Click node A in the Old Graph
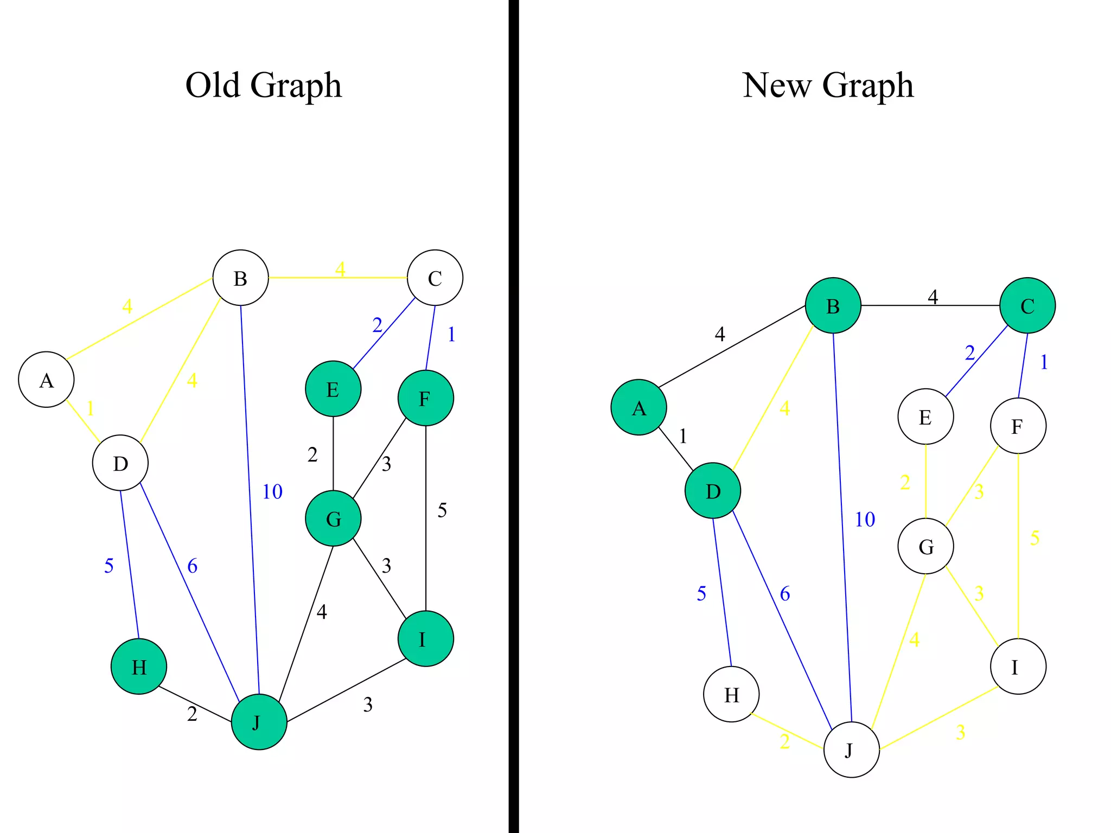[46, 380]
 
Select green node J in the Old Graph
[259, 722]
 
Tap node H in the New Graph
[731, 694]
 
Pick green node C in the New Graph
[1027, 305]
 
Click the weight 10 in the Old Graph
[272, 492]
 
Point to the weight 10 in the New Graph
[865, 520]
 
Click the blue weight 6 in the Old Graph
[192, 566]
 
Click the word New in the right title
[777, 85]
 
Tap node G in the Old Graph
[333, 518]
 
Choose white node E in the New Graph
[925, 416]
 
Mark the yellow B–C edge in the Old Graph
[304, 278]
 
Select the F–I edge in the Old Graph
[426, 542]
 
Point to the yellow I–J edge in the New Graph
[938, 719]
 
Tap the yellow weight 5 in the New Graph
[1035, 538]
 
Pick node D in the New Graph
[713, 491]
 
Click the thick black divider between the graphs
[514, 416]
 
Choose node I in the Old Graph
[425, 639]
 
